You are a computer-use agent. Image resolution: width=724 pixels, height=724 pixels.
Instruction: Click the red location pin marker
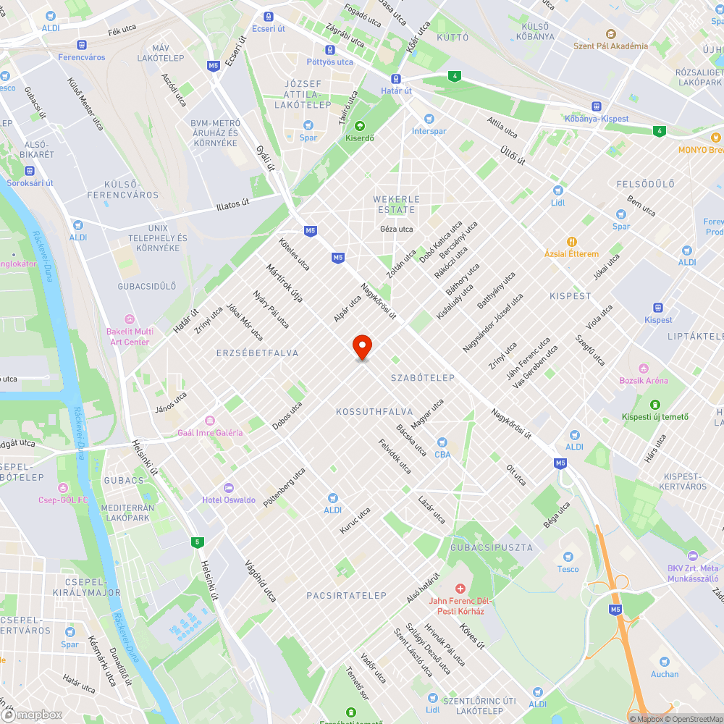362,347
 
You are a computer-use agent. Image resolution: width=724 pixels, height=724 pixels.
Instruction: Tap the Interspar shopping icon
429,118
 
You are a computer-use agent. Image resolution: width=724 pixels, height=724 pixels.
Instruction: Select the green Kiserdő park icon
359,125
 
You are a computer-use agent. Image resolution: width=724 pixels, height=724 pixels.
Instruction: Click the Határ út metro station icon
396,78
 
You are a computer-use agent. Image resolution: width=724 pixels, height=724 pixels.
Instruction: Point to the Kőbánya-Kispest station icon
597,106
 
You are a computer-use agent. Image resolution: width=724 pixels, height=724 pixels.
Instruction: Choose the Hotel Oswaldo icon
229,487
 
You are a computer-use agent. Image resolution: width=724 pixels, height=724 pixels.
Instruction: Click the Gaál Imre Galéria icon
210,420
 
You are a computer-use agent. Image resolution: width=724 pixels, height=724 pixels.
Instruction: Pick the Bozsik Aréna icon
643,368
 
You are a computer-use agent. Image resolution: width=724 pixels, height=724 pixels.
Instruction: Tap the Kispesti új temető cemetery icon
655,404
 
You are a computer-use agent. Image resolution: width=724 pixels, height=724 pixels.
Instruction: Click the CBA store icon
442,442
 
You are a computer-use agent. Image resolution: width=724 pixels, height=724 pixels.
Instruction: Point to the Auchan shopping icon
664,661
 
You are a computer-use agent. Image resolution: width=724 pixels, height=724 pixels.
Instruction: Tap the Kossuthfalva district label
374,411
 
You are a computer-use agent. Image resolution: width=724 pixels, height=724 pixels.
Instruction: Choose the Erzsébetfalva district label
257,353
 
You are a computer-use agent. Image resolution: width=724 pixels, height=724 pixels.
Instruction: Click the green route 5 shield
197,542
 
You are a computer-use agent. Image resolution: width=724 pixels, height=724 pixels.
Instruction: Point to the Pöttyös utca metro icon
329,50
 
